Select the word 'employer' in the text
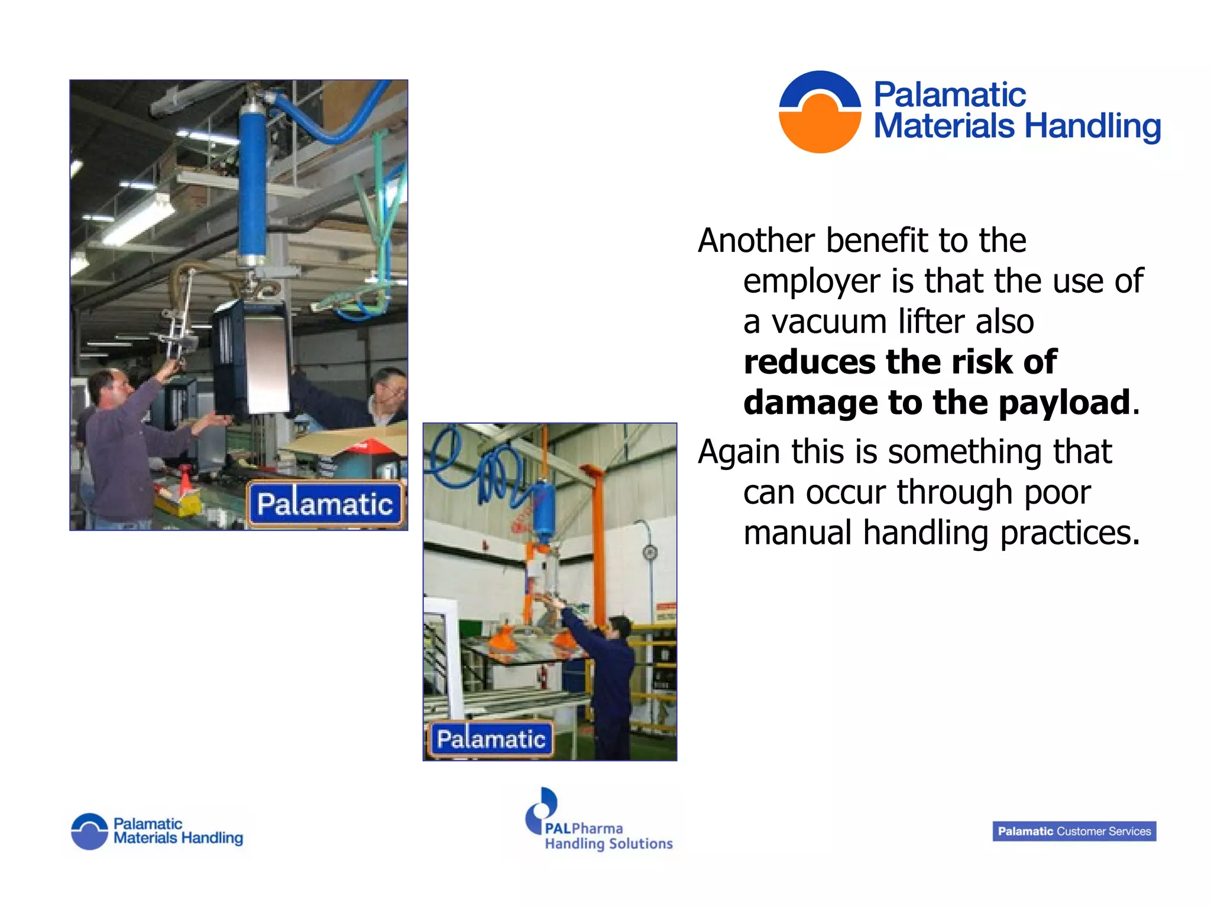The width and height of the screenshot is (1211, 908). (x=811, y=282)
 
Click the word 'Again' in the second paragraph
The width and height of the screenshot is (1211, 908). (x=739, y=452)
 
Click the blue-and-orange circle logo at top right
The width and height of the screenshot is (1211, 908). (x=820, y=112)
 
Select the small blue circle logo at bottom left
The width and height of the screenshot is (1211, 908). (x=89, y=831)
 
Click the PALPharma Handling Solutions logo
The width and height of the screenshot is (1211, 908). (x=598, y=822)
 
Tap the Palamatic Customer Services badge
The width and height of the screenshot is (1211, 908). (x=1074, y=831)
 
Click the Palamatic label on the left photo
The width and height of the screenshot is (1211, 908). (x=325, y=504)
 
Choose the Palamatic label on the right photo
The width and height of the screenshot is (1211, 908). (x=491, y=739)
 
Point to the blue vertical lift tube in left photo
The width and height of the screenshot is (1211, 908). (x=252, y=183)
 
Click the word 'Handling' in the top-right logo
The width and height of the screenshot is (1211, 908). (x=1092, y=127)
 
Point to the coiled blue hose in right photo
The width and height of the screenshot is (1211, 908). (x=479, y=467)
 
